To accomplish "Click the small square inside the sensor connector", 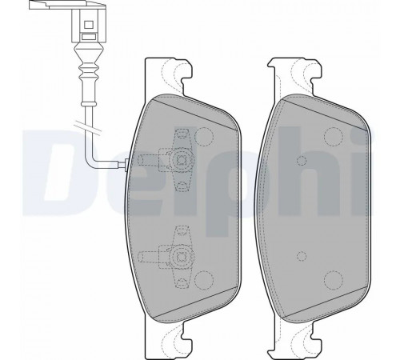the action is [x=88, y=25].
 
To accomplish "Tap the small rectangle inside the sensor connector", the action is [x=88, y=36].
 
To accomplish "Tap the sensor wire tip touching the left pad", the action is [x=126, y=163].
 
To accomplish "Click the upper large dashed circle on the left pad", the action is [x=204, y=137].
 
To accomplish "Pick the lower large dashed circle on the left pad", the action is [x=204, y=280].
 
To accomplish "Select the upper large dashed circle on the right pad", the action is [x=334, y=137].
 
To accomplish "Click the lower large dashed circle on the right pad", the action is [x=334, y=280].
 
